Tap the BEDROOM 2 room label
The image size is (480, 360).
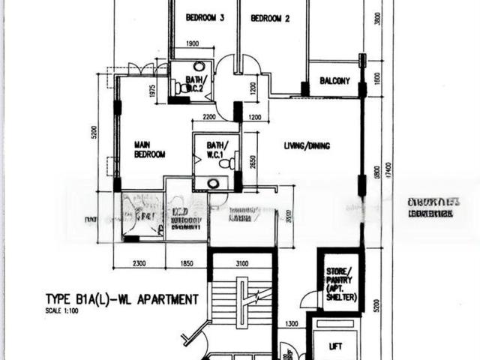tap(270, 19)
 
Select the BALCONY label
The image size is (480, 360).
tap(335, 81)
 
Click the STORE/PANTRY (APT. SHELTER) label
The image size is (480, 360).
tap(341, 284)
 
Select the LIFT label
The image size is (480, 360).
tap(336, 346)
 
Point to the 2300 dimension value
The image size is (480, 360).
tap(139, 263)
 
